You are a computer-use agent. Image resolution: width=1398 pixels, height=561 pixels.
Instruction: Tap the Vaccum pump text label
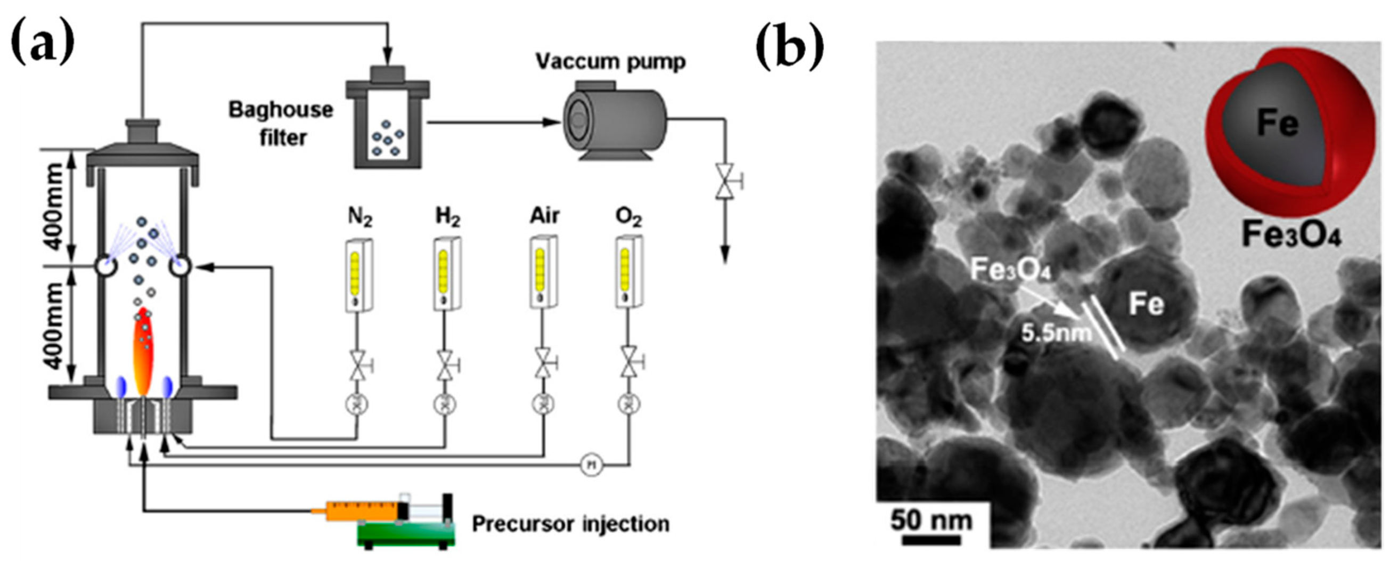click(610, 61)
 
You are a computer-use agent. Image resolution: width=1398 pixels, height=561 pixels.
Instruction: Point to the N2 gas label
click(359, 217)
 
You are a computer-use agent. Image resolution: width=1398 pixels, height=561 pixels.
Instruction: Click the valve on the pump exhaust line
click(724, 181)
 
